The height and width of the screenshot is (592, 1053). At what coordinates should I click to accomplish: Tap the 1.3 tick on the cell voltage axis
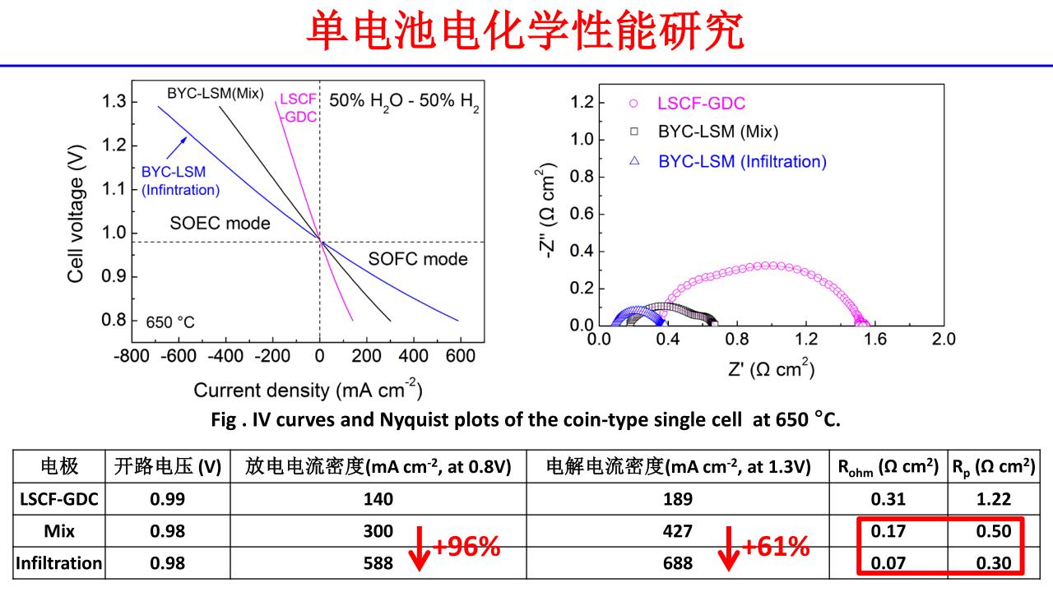pyautogui.click(x=115, y=102)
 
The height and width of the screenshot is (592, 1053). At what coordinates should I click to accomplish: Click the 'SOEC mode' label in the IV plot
pyautogui.click(x=220, y=223)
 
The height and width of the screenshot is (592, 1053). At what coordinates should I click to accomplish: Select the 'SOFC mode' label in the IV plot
pyautogui.click(x=418, y=259)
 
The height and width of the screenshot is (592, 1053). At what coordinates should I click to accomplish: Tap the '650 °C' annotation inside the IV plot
pyautogui.click(x=170, y=321)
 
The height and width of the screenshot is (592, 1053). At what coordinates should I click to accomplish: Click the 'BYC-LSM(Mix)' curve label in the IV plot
pyautogui.click(x=216, y=93)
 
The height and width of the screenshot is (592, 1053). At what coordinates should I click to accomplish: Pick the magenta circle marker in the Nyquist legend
pyautogui.click(x=633, y=104)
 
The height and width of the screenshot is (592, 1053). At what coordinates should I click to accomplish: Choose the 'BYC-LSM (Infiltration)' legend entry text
pyautogui.click(x=742, y=161)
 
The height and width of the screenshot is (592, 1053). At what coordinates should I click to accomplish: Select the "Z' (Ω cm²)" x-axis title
pyautogui.click(x=771, y=369)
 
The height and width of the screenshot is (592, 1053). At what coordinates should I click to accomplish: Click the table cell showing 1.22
pyautogui.click(x=993, y=498)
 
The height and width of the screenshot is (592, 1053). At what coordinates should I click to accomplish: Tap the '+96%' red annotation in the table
pyautogui.click(x=466, y=547)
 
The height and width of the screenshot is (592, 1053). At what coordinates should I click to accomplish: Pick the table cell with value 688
pyautogui.click(x=678, y=564)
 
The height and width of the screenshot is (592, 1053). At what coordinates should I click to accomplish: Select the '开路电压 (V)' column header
pyautogui.click(x=168, y=467)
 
